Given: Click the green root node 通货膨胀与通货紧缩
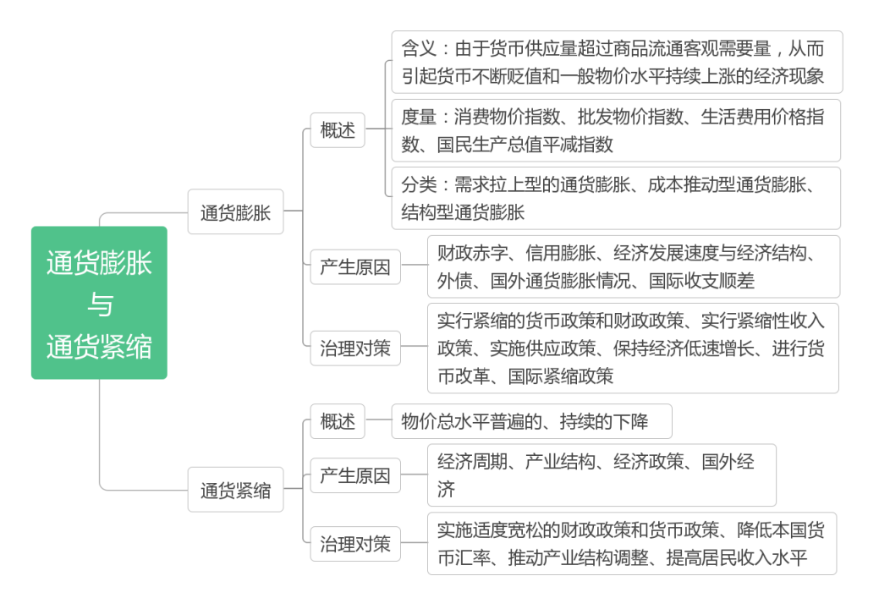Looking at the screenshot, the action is (x=99, y=303).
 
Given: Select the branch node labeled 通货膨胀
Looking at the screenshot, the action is (x=235, y=212).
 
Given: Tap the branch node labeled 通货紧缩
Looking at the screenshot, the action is (x=235, y=490).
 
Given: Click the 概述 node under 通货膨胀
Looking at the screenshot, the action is (x=338, y=131).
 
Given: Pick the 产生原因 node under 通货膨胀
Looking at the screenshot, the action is (x=355, y=267).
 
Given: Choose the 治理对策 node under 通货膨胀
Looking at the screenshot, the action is (x=355, y=348).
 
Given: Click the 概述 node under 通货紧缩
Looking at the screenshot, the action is (x=338, y=421).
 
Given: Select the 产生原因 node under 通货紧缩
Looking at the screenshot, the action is (x=355, y=475).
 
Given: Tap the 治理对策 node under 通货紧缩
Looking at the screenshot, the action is (x=355, y=544).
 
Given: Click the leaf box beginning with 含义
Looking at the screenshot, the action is (x=616, y=62).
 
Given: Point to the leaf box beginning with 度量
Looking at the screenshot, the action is (x=616, y=130).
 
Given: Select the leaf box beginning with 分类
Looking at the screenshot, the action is (x=616, y=198).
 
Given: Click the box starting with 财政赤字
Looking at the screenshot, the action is (x=633, y=266).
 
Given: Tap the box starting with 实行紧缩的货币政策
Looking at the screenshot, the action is (x=633, y=348).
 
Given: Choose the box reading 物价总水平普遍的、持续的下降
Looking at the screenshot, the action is (x=531, y=421).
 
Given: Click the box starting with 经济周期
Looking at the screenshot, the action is (x=601, y=475).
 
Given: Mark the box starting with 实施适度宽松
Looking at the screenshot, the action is (x=631, y=544).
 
